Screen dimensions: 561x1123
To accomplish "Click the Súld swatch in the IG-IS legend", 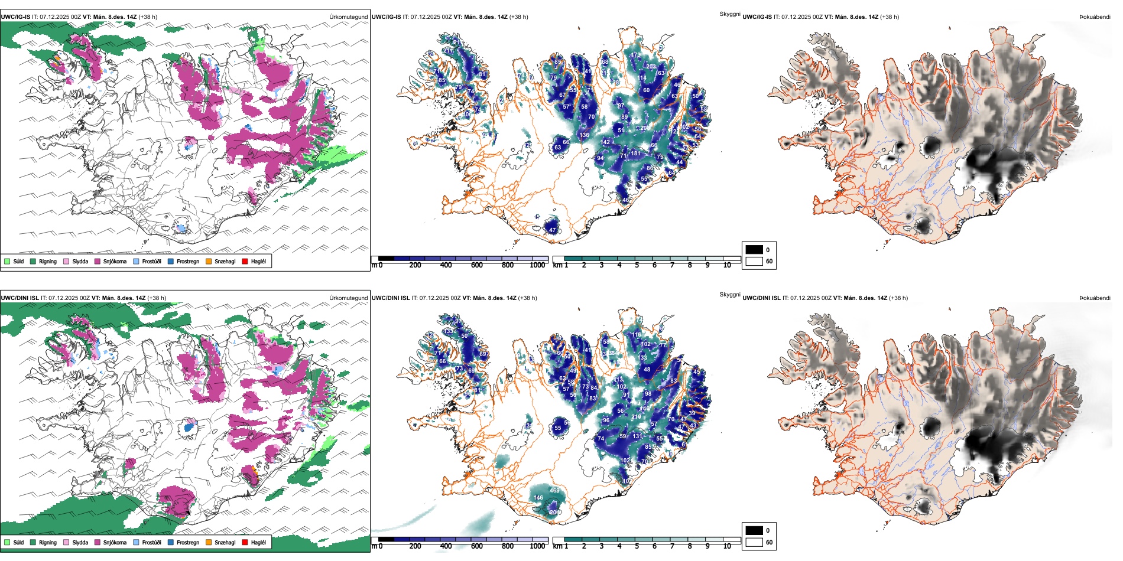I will point(7,261).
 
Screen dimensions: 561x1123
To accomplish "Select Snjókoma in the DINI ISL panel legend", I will point(98,542).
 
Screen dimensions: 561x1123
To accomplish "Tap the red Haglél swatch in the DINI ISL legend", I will point(245,542).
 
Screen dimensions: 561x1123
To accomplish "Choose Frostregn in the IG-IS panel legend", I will point(171,261).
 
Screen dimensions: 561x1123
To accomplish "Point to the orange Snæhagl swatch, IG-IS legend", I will point(209,261).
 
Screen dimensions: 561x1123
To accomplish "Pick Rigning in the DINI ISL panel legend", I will point(33,542).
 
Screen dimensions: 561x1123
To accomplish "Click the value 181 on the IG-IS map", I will point(635,154).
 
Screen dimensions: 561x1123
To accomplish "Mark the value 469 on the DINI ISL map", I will point(554,491).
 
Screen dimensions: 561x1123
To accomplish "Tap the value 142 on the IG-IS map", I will point(605,142).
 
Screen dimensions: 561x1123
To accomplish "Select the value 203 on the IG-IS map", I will point(651,67).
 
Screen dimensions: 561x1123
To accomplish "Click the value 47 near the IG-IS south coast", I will point(553,230).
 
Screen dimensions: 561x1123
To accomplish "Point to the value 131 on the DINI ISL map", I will point(637,436).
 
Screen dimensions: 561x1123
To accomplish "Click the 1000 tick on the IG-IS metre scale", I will point(537,265).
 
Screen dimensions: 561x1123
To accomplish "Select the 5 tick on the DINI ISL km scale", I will point(637,546).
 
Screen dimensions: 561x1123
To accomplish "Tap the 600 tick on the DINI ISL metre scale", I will point(477,546).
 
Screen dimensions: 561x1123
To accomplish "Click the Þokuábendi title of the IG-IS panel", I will point(1095,17).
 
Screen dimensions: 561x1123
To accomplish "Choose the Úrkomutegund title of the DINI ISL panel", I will point(348,298).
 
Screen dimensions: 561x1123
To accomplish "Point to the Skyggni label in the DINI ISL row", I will point(729,295).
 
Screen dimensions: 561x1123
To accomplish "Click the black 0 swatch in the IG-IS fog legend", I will point(754,250).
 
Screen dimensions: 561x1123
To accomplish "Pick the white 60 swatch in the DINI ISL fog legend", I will point(754,542).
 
